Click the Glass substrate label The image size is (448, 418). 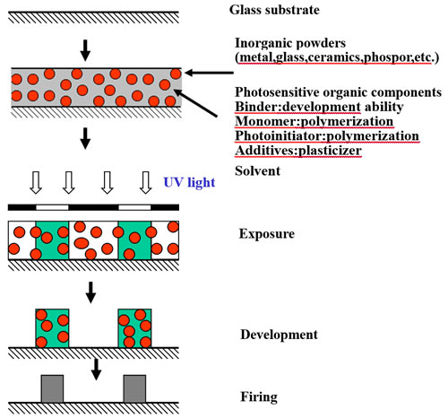coord(274,10)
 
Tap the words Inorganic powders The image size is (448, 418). coord(290,43)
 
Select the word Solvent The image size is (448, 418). coord(257,171)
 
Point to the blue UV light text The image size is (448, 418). coord(189,182)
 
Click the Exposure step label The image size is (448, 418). coord(267,234)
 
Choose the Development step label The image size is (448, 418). coord(279,335)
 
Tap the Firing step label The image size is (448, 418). coord(259,397)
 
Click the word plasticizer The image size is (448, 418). coord(331,151)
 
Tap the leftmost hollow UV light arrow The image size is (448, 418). coord(36,183)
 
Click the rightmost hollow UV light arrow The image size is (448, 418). coord(146,183)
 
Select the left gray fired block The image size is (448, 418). coord(52,388)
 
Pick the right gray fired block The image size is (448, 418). coord(134,388)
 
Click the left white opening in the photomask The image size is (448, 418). coord(52,207)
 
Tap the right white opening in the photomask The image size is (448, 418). coord(134,207)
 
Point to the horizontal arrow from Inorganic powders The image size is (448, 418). coord(209,73)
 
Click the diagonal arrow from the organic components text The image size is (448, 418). coord(195,103)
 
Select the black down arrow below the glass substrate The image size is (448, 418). coord(85,50)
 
